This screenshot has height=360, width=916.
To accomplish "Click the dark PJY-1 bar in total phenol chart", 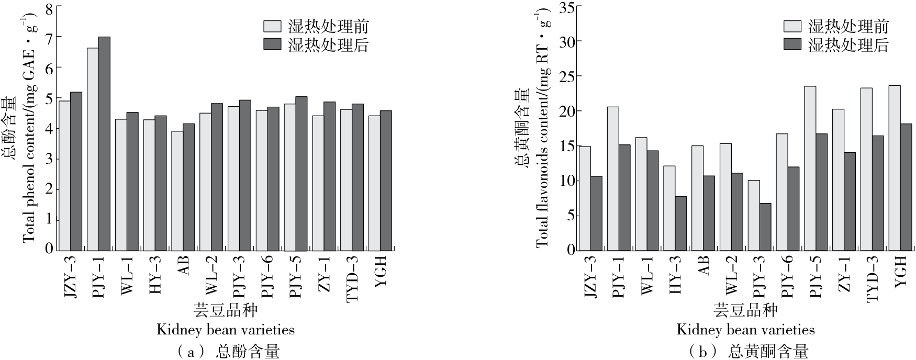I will pyautogui.click(x=104, y=144).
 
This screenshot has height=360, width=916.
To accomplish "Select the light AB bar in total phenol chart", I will pyautogui.click(x=177, y=191).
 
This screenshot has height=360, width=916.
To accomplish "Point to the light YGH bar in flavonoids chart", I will pyautogui.click(x=895, y=168).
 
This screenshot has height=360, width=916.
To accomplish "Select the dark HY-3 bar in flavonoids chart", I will pyautogui.click(x=680, y=224).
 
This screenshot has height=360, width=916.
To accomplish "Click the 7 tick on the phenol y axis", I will pyautogui.click(x=50, y=37).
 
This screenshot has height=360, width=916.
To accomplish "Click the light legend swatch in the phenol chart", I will pyautogui.click(x=272, y=27).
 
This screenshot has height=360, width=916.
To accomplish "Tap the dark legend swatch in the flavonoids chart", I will pyautogui.click(x=792, y=44).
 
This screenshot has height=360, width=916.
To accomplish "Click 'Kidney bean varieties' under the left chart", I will pyautogui.click(x=226, y=330).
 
